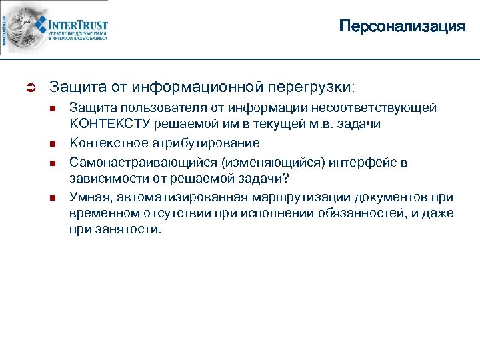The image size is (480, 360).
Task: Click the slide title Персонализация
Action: [401, 27]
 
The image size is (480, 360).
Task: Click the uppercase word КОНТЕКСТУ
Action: [110, 125]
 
